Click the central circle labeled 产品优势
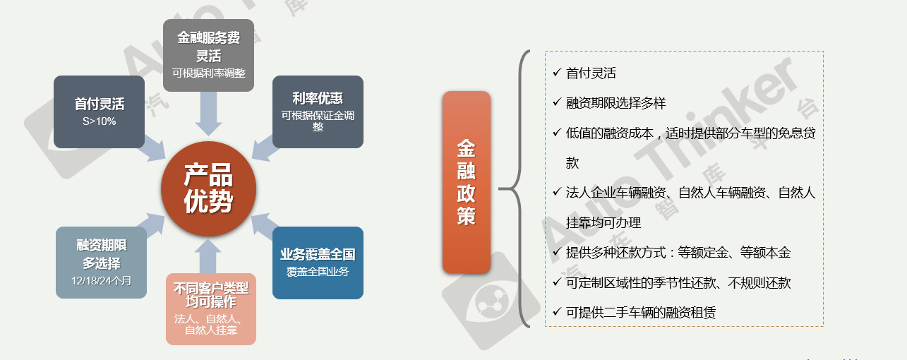point(208,188)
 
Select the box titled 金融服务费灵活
point(208,55)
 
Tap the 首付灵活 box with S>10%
point(100,112)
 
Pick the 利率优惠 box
point(318,112)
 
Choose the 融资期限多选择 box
point(101,263)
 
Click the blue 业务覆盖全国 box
point(318,263)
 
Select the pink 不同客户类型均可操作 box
point(211,309)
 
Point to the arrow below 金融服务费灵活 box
point(208,114)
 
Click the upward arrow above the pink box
point(208,256)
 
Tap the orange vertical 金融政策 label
point(467,182)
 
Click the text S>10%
point(100,121)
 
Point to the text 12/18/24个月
point(101,281)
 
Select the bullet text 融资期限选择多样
point(616,103)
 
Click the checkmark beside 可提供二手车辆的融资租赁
point(557,312)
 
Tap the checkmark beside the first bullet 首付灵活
point(557,73)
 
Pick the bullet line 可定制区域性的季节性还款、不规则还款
point(678,282)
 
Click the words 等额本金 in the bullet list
point(765,253)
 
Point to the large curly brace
point(515,188)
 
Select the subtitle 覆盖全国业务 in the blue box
point(318,271)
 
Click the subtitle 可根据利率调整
point(208,73)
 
